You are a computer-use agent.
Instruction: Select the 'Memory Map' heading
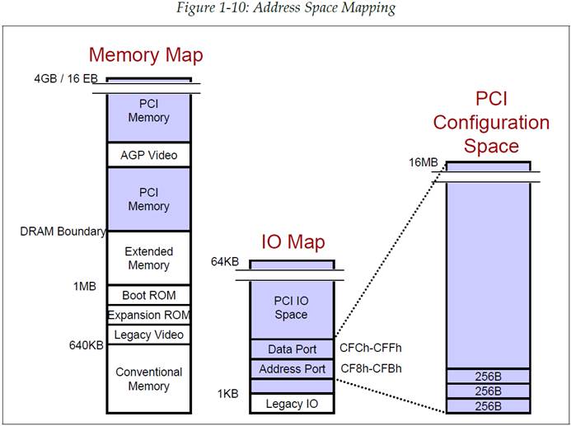[x=146, y=55]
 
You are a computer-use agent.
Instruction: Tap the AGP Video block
[x=148, y=155]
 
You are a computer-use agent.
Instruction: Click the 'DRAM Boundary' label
[x=63, y=232]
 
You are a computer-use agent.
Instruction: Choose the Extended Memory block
[x=148, y=258]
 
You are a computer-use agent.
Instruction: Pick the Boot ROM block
[x=148, y=295]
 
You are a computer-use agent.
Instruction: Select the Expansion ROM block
[x=148, y=315]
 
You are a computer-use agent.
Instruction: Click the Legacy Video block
[x=148, y=335]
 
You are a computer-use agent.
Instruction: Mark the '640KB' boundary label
[x=86, y=345]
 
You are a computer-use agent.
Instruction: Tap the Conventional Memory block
[x=148, y=379]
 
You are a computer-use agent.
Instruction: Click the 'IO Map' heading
[x=293, y=242]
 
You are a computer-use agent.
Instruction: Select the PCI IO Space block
[x=291, y=307]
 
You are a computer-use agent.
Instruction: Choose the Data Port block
[x=292, y=349]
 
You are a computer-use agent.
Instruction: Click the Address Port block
[x=292, y=369]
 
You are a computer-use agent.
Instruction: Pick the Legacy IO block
[x=292, y=404]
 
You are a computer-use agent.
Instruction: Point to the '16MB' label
[x=424, y=163]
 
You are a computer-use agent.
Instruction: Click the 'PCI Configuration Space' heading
[x=491, y=123]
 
